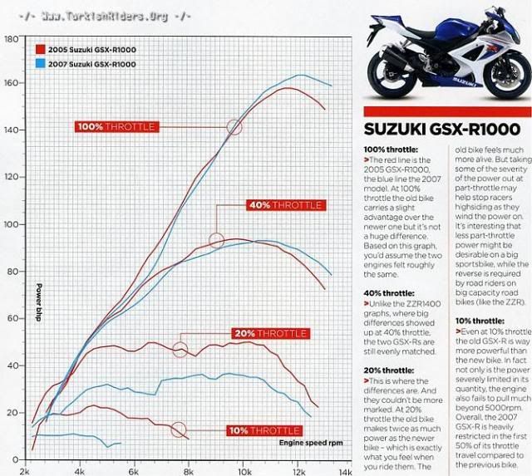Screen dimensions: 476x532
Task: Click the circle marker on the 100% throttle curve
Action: (234, 126)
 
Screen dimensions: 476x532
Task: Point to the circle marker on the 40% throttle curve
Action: (217, 240)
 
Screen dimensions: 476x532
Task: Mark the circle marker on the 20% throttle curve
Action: (180, 350)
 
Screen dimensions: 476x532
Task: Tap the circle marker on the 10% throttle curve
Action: (178, 429)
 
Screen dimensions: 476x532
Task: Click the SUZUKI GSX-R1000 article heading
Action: (443, 130)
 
